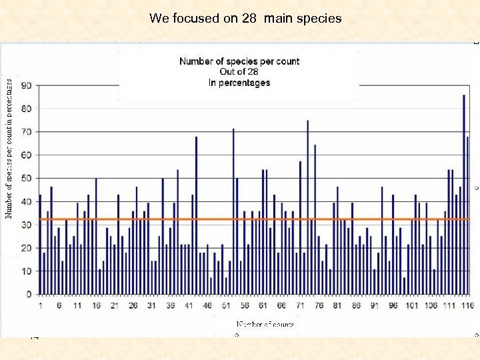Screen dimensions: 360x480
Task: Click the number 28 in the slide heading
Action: pyautogui.click(x=249, y=19)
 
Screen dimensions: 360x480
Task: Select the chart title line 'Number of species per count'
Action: pyautogui.click(x=239, y=61)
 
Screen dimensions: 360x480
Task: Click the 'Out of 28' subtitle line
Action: pyautogui.click(x=239, y=72)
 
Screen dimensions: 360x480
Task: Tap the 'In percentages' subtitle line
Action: pyautogui.click(x=239, y=83)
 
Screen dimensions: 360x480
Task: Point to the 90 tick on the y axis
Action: pyautogui.click(x=27, y=85)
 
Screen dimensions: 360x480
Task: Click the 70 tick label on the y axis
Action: pyautogui.click(x=27, y=132)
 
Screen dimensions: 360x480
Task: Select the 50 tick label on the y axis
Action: pyautogui.click(x=27, y=178)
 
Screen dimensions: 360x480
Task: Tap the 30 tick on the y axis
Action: pyautogui.click(x=27, y=225)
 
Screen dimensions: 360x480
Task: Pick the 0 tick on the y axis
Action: pyautogui.click(x=29, y=294)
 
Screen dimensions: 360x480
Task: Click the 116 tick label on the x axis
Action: pyautogui.click(x=467, y=305)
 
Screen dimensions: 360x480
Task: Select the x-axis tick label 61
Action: pyautogui.click(x=263, y=305)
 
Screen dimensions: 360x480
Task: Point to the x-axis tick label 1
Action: pyautogui.click(x=40, y=305)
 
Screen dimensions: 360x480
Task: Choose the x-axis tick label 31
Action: pyautogui.click(x=151, y=305)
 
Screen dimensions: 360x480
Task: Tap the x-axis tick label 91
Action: pyautogui.click(x=374, y=305)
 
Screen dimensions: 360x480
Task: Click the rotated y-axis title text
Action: pyautogui.click(x=9, y=147)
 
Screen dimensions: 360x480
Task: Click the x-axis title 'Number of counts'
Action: pyautogui.click(x=265, y=324)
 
